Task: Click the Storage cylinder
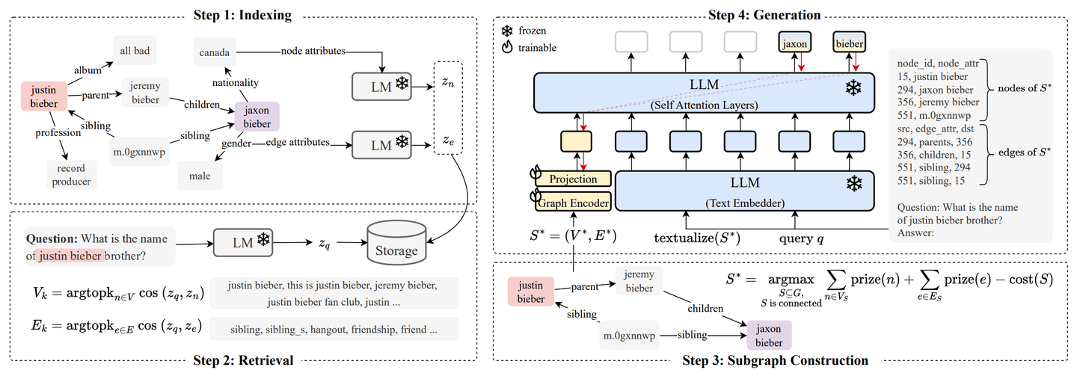point(396,243)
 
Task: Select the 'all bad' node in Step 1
point(135,51)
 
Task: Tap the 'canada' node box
point(215,52)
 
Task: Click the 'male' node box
point(200,176)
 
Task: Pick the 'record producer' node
point(71,175)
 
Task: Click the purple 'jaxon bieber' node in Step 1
point(257,117)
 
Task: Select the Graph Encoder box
point(573,203)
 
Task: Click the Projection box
point(573,179)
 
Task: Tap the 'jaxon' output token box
point(794,43)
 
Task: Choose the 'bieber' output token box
point(849,43)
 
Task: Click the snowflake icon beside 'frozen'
point(507,31)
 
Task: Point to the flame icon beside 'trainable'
point(507,47)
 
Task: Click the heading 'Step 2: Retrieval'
point(243,360)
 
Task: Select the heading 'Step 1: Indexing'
point(242,14)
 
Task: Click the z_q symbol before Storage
point(325,244)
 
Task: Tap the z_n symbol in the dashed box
point(447,83)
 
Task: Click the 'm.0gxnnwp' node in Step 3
point(630,335)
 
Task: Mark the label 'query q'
point(801,238)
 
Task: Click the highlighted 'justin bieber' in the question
point(70,256)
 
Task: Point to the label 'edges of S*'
point(1024,152)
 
